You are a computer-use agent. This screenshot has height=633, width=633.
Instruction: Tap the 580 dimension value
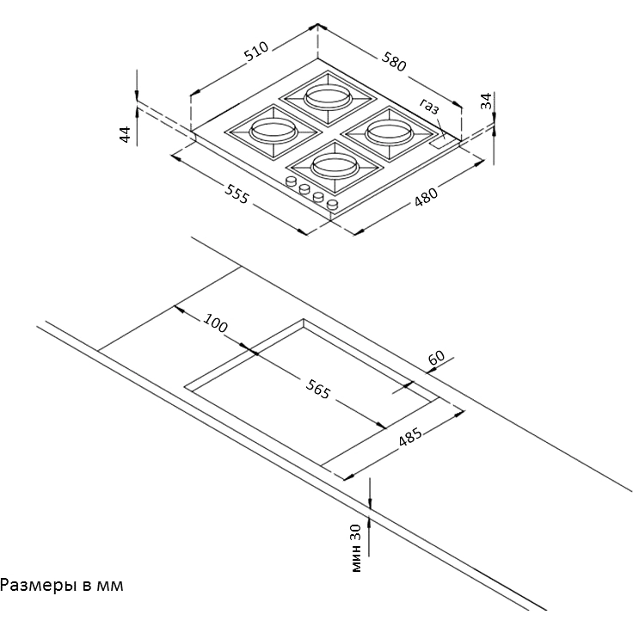click(x=394, y=61)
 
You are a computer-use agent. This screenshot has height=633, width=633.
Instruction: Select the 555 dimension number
click(x=236, y=194)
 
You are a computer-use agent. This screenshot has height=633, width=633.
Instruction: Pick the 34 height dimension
click(x=487, y=101)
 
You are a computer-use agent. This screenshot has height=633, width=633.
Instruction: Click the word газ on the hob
click(x=429, y=107)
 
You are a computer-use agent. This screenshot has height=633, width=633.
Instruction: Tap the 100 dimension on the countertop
click(x=216, y=324)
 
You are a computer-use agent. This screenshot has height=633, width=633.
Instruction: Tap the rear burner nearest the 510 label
click(x=326, y=96)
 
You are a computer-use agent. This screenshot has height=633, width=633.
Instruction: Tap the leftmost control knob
click(x=292, y=181)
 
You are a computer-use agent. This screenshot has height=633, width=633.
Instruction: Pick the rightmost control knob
click(x=332, y=205)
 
